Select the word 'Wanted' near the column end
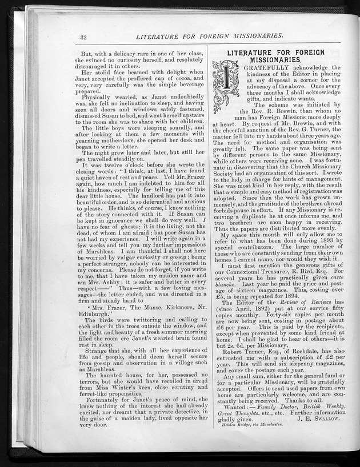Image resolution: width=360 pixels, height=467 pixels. [237, 410]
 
